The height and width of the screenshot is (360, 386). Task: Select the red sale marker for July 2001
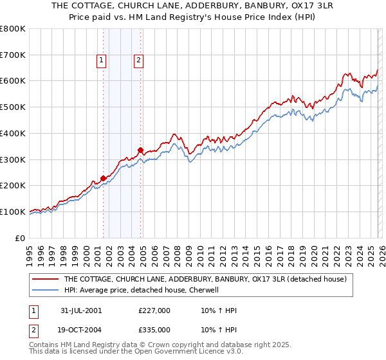(x=103, y=178)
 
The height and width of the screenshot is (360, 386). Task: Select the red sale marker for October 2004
(x=140, y=150)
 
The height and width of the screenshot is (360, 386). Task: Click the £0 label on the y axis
(x=21, y=238)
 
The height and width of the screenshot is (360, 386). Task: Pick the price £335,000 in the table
(x=154, y=329)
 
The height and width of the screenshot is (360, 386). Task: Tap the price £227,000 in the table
(x=154, y=310)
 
